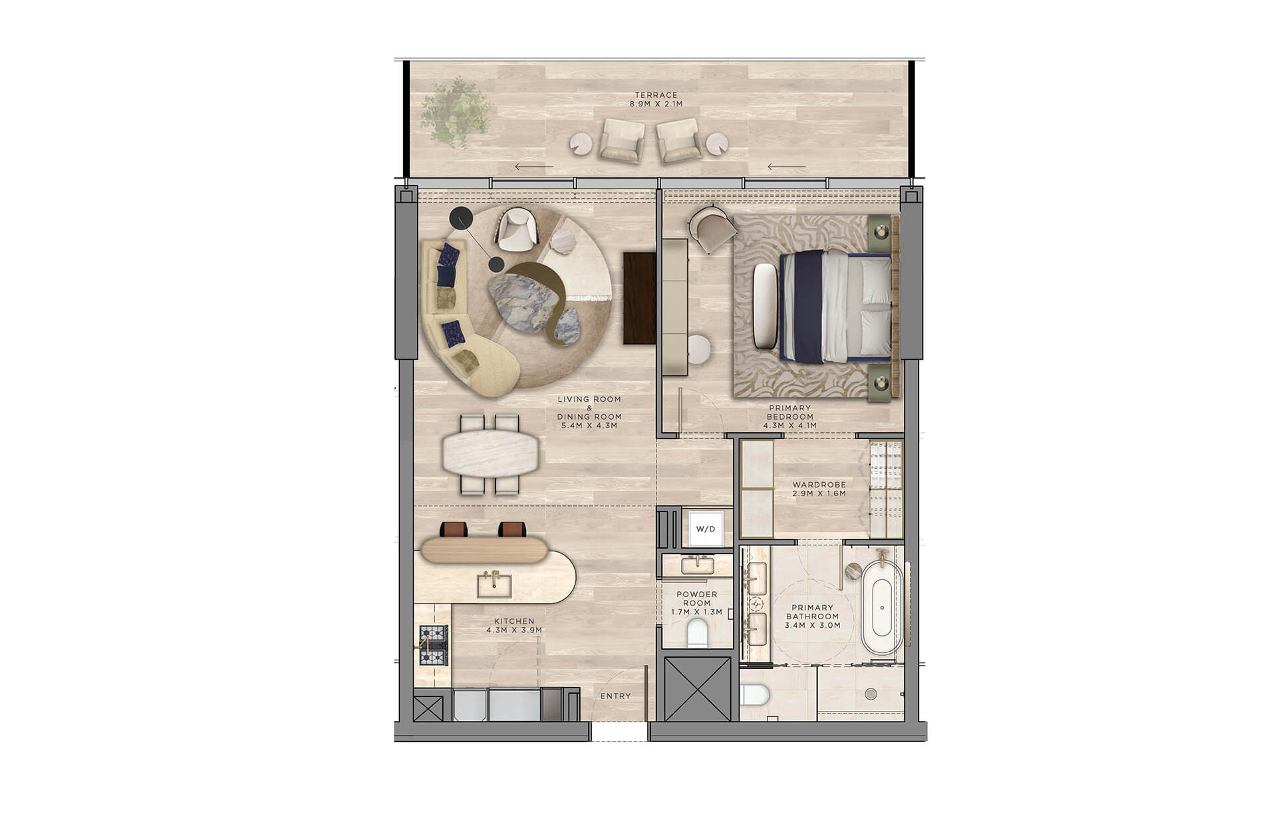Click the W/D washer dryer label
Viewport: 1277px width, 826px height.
[x=705, y=529]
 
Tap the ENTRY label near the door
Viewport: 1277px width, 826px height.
[x=615, y=696]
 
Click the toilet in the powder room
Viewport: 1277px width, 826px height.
[x=697, y=632]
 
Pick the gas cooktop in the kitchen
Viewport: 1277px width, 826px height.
[x=433, y=646]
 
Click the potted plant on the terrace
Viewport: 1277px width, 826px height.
[x=457, y=112]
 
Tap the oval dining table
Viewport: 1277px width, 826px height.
[x=492, y=454]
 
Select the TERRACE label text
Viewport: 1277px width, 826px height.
[x=656, y=95]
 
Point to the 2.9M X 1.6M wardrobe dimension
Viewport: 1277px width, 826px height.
[x=819, y=494]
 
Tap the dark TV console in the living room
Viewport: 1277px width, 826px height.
[x=639, y=298]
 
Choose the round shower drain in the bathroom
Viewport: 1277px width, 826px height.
[x=871, y=694]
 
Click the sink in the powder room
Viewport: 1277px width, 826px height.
[x=697, y=565]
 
